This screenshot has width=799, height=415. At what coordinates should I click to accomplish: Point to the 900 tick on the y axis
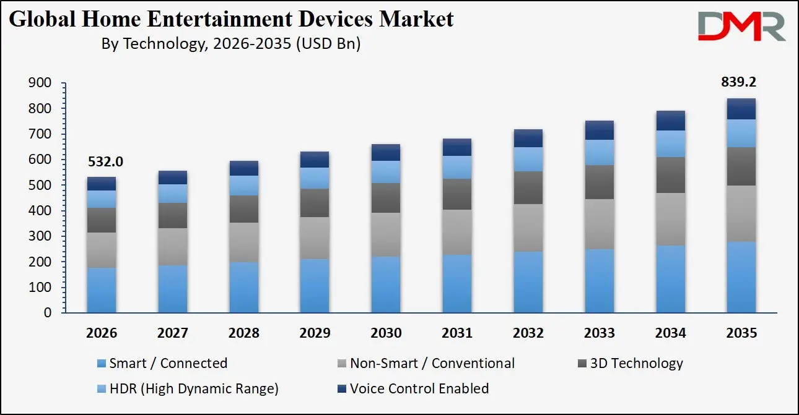(x=39, y=83)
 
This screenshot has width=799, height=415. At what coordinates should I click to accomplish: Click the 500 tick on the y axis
(x=39, y=186)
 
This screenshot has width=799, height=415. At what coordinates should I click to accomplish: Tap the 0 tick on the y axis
(x=47, y=314)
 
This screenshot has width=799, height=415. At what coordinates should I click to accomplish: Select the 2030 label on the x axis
(x=385, y=333)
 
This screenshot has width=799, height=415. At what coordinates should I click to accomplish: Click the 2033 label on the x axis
(x=599, y=333)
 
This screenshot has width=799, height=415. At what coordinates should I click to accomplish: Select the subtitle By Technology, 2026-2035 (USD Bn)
(x=230, y=44)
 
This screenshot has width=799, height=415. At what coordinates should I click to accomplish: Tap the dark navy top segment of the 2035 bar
(x=741, y=109)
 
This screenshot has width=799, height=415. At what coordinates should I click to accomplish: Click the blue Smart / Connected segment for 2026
(x=101, y=289)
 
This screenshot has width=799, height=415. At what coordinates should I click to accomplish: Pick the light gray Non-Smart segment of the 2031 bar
(x=456, y=232)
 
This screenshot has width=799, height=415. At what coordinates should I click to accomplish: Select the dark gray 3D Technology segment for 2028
(x=243, y=209)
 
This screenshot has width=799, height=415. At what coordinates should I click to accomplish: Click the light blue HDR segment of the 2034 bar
(x=670, y=143)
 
